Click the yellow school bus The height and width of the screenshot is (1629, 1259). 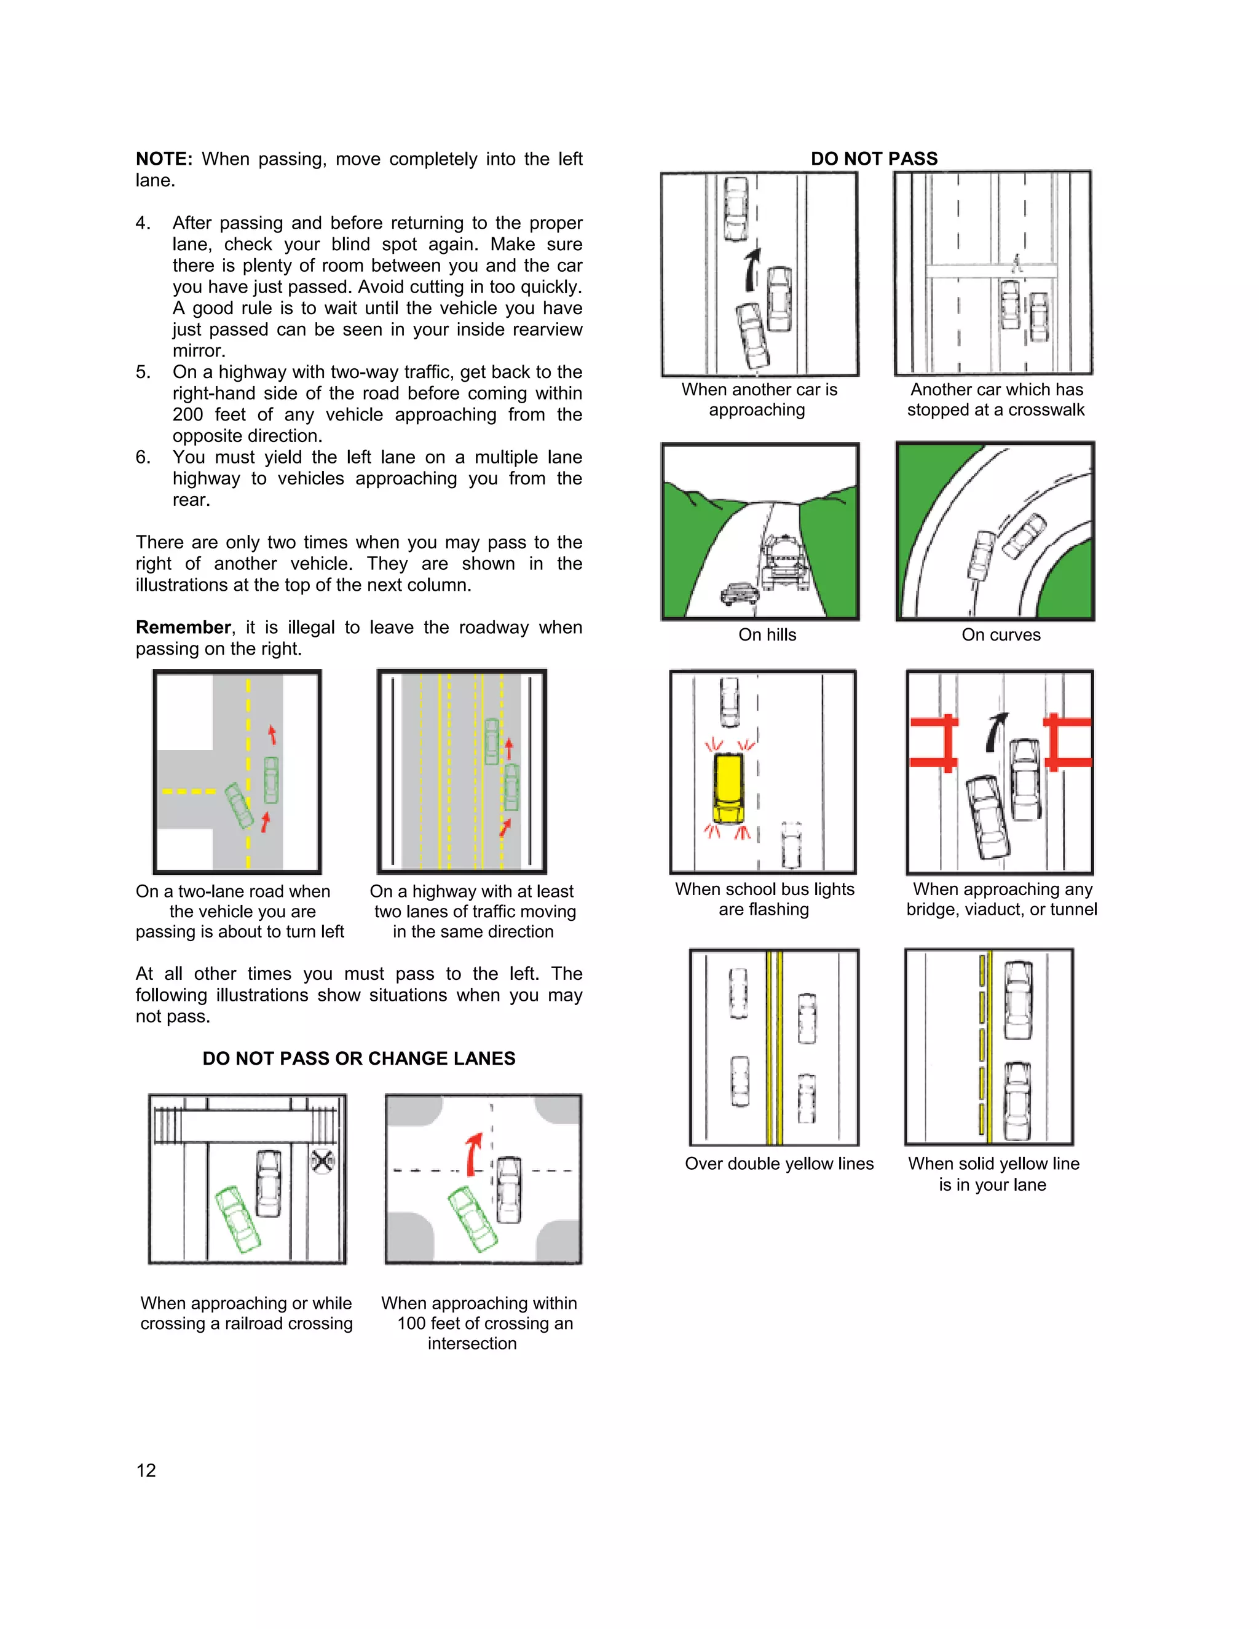pyautogui.click(x=728, y=789)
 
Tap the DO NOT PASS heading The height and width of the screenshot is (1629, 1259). pyautogui.click(x=874, y=159)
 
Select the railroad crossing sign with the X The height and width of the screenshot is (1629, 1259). pyautogui.click(x=322, y=1161)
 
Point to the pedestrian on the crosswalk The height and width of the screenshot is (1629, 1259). pyautogui.click(x=1016, y=263)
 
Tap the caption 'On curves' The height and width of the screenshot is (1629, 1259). pyautogui.click(x=1000, y=635)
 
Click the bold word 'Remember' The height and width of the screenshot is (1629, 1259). pyautogui.click(x=183, y=627)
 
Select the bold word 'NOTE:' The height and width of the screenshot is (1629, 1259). pyautogui.click(x=164, y=159)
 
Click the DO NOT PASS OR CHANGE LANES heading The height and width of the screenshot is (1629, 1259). pyautogui.click(x=359, y=1059)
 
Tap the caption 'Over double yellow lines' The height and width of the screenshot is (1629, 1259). pyautogui.click(x=779, y=1164)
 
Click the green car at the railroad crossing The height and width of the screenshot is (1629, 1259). pyautogui.click(x=239, y=1219)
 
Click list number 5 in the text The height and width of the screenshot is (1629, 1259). pyautogui.click(x=143, y=372)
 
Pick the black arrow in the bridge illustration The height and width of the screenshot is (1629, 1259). pyautogui.click(x=995, y=733)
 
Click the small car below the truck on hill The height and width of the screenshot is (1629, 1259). pyautogui.click(x=740, y=594)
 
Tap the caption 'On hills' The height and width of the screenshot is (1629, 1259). pyautogui.click(x=767, y=635)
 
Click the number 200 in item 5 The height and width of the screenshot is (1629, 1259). pyautogui.click(x=187, y=415)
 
